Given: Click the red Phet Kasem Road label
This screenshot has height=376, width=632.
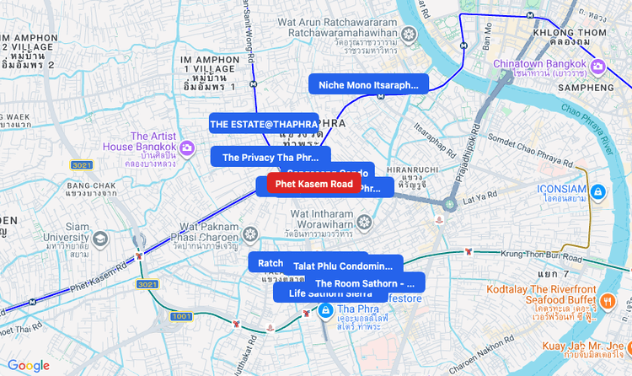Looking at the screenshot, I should point(313,184).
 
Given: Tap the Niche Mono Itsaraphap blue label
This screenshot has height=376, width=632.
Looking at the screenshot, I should point(368,84).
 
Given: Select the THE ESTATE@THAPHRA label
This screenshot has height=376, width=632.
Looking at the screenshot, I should point(264,124).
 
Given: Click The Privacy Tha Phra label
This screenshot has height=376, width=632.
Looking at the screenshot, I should point(270,157).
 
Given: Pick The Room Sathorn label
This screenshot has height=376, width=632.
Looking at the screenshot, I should point(365,283).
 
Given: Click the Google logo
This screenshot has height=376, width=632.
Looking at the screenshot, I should point(29,365).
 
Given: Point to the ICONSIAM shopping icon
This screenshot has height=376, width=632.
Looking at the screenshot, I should point(597,192).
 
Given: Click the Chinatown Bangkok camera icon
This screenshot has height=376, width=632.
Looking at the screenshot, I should point(597,66).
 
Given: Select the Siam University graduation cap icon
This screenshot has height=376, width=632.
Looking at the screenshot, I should point(101,239).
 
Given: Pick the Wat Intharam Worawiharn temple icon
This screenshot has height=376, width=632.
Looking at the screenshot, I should point(364,222).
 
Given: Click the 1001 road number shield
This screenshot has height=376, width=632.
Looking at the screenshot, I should point(180,316).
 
